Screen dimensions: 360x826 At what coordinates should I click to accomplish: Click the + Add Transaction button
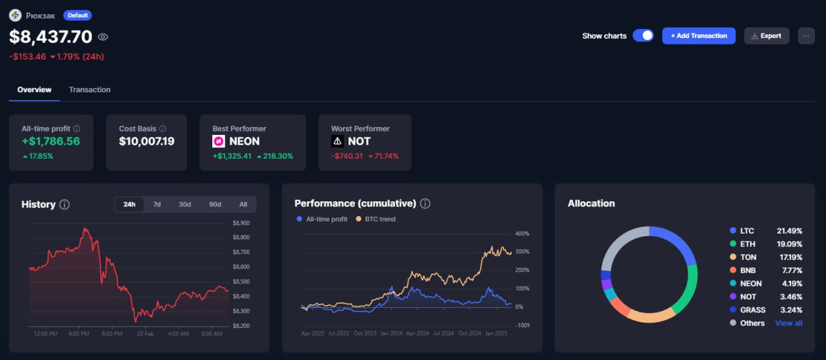699,35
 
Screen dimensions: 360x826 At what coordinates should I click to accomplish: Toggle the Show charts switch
643,35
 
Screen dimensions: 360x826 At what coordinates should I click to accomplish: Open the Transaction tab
90,90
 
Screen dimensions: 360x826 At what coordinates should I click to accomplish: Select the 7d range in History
157,205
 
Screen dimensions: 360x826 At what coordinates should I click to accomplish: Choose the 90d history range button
215,205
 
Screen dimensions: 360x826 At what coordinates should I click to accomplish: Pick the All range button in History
243,205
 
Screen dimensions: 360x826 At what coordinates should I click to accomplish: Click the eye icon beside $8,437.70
103,37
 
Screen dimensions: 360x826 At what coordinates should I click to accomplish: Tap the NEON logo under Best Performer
219,141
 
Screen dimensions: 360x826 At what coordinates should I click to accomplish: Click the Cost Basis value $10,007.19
146,141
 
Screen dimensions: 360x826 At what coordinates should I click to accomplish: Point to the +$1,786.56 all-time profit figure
51,141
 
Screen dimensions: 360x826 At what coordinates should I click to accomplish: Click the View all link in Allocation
789,323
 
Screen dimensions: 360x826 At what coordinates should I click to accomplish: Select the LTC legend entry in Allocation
747,230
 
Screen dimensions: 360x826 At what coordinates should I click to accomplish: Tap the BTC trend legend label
380,219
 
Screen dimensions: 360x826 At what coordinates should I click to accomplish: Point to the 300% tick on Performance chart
522,252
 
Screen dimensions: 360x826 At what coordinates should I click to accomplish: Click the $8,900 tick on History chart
241,223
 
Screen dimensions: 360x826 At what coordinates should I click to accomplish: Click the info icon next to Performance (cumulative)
425,204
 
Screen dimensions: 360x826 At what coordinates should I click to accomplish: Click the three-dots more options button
806,35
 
